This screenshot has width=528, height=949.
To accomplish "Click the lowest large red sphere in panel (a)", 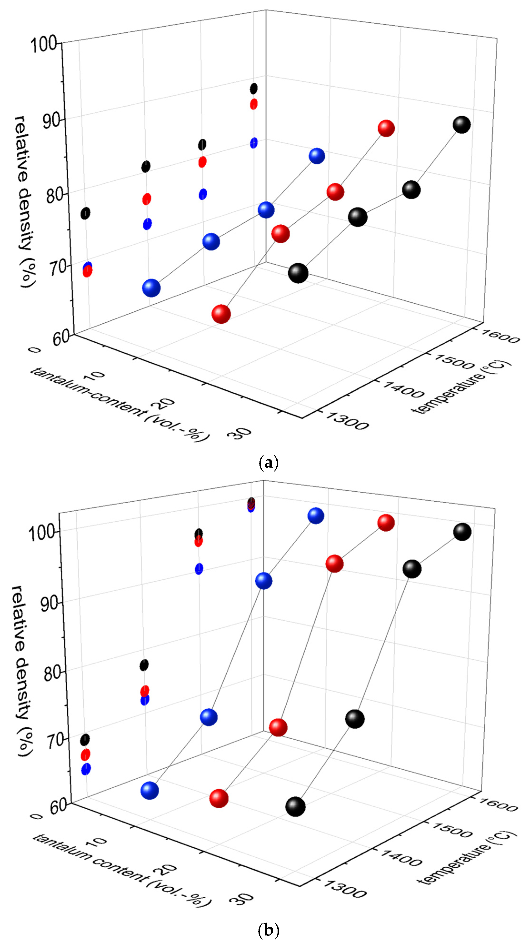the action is click(221, 314).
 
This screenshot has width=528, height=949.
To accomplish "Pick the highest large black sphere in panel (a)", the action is click(462, 124).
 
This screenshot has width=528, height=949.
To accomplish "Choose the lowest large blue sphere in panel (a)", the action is click(151, 288).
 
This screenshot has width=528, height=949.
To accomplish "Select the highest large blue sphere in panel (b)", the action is click(316, 515).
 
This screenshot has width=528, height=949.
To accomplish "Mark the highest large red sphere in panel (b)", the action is click(386, 522).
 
